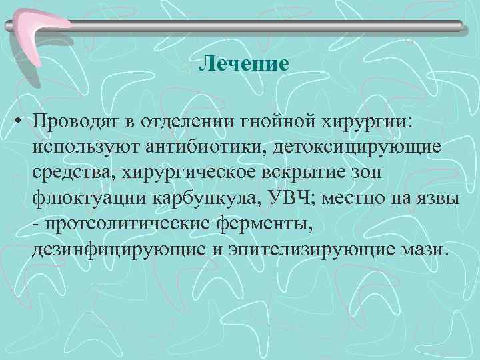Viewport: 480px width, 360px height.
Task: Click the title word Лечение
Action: click(x=245, y=65)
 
